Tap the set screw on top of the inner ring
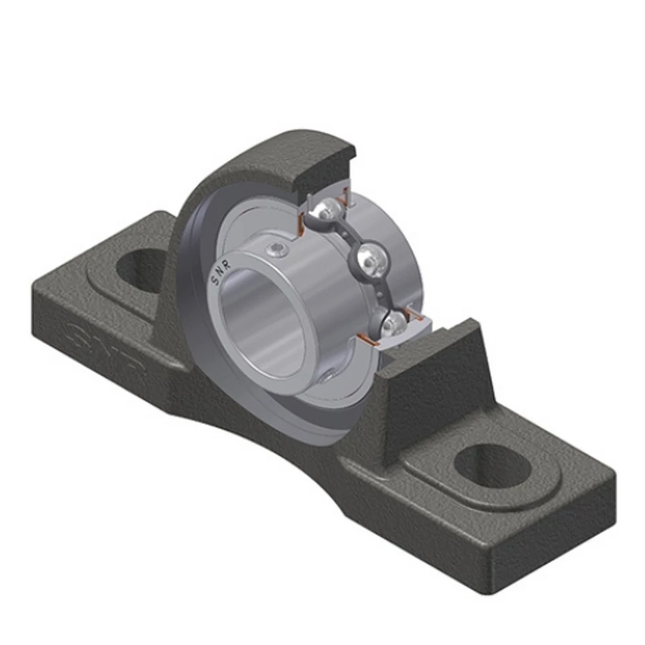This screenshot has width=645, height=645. click(x=277, y=249)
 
